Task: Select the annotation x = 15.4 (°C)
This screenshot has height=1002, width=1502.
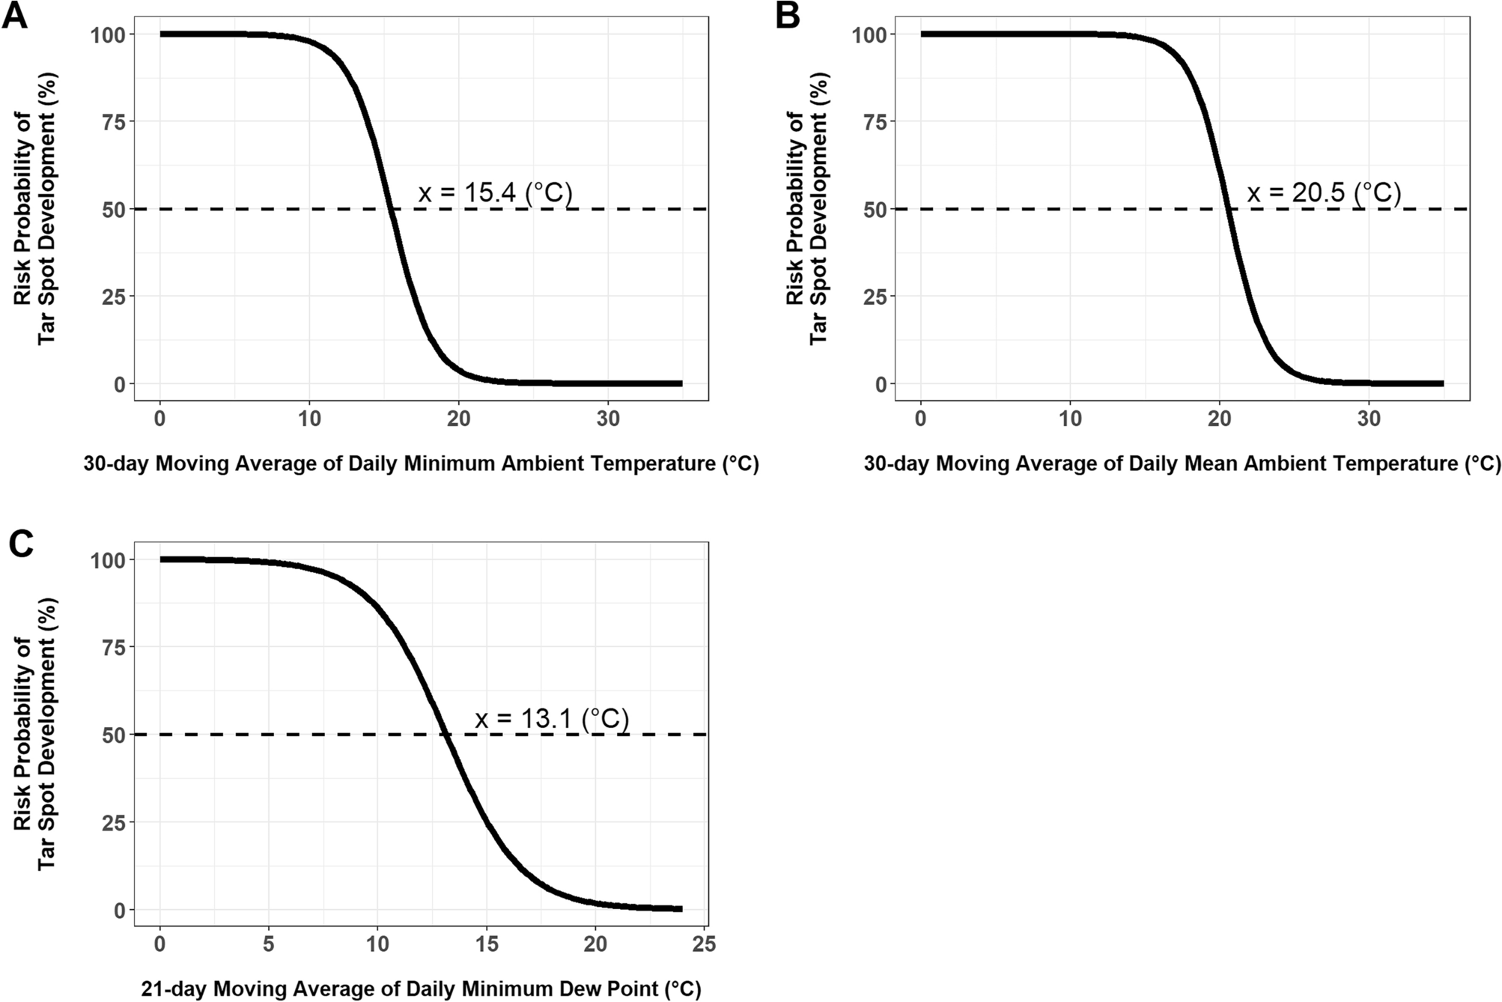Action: coord(495,193)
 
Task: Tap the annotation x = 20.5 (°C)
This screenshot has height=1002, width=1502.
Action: coord(1323,193)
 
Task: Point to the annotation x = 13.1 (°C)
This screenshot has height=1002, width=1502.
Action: coord(552,719)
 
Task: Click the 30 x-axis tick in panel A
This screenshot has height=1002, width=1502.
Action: coord(608,419)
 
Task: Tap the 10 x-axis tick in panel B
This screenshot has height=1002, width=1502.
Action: coord(1070,419)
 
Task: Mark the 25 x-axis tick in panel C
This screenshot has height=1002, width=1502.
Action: coord(704,945)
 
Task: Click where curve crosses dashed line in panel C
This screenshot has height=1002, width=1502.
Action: coord(446,735)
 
